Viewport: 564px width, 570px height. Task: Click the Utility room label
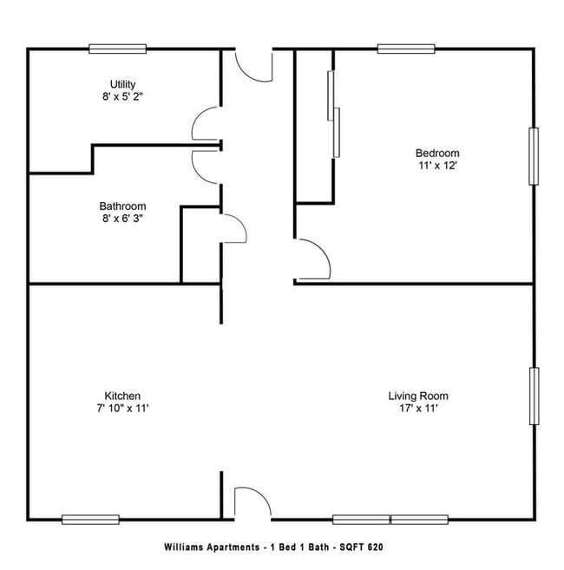pos(121,84)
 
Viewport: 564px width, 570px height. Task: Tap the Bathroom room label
pos(121,206)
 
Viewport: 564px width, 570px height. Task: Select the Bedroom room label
pos(436,153)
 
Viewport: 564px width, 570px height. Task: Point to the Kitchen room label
pos(121,396)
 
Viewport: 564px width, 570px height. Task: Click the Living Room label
pos(418,396)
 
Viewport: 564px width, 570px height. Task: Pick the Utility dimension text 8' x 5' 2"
pos(121,97)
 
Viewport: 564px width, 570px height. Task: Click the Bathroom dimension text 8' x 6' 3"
pos(121,219)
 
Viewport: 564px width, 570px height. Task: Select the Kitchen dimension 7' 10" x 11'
pos(121,409)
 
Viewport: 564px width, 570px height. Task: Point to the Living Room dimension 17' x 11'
pos(418,409)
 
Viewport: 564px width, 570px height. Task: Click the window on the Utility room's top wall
pos(117,49)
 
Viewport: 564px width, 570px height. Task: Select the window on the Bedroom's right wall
pos(534,156)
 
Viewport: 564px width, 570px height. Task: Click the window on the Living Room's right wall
pos(534,396)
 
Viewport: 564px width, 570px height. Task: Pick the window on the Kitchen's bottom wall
pos(90,520)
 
